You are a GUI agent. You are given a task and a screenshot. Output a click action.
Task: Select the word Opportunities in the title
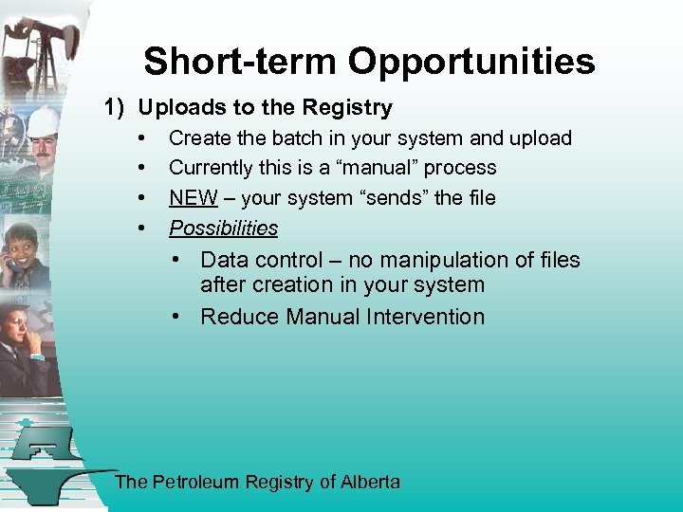click(x=471, y=62)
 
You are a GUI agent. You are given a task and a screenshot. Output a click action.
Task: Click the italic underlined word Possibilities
click(x=223, y=229)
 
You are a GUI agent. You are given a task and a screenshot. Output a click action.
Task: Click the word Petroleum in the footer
click(x=194, y=482)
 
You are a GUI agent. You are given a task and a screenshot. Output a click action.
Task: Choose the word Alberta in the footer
click(x=370, y=482)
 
